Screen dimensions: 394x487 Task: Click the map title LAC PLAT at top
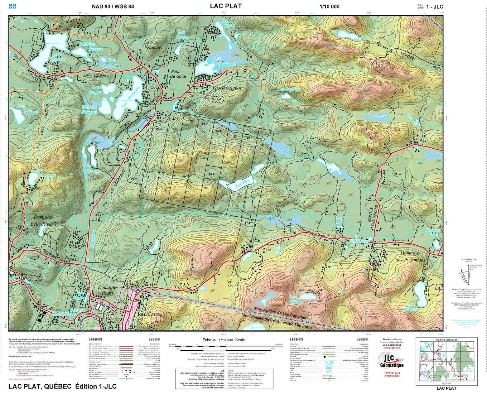[226, 6]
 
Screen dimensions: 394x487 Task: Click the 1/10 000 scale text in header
[329, 6]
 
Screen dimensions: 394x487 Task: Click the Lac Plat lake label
[243, 185]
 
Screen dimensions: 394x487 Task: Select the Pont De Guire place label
[179, 74]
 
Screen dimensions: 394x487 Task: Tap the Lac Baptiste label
[289, 89]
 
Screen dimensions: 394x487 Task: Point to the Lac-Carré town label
[150, 315]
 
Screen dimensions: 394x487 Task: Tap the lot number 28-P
[159, 129]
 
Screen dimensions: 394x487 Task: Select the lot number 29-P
[134, 179]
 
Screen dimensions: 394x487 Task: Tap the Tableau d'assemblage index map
[441, 362]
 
